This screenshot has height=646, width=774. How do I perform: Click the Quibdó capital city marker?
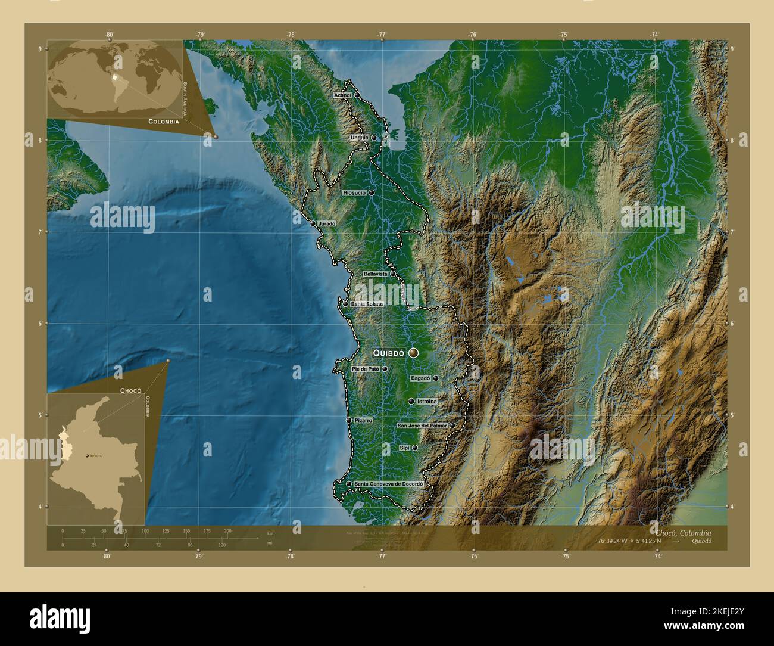(x=413, y=353)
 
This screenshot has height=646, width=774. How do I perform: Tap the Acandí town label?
(x=344, y=95)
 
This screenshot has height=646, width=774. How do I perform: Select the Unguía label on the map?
(x=359, y=138)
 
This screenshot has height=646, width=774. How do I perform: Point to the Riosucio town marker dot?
(x=371, y=194)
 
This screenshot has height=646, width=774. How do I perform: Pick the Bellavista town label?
(x=376, y=274)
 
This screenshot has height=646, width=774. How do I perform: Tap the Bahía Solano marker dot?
(x=345, y=304)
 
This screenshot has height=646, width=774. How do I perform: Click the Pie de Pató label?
(x=365, y=369)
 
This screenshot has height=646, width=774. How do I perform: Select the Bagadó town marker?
(x=436, y=378)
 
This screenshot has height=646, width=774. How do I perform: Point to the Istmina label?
(x=427, y=402)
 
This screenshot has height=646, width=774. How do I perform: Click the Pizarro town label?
(x=363, y=421)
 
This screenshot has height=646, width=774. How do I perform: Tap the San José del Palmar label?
(x=422, y=426)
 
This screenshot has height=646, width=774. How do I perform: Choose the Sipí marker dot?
(x=414, y=448)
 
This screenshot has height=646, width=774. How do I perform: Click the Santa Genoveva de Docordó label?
(x=388, y=484)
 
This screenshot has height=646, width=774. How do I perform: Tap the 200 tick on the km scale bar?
(x=227, y=530)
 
